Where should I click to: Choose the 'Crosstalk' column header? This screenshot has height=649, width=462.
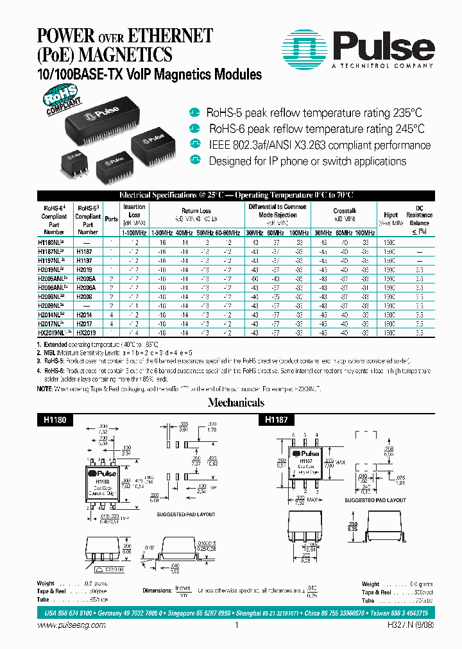coord(345,210)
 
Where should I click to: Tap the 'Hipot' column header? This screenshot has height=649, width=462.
coord(391,215)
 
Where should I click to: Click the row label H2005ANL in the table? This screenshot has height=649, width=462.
coord(54,271)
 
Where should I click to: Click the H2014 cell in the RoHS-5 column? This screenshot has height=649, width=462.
coord(85,316)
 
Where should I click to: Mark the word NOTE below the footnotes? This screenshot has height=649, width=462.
coord(44,389)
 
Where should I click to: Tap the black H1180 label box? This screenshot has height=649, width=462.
coord(55,419)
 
